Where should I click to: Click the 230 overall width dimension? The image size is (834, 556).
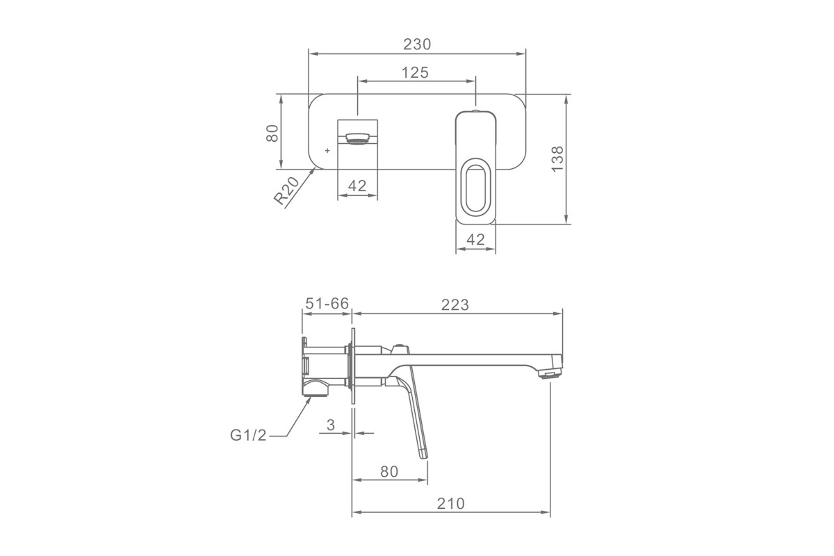(417, 44)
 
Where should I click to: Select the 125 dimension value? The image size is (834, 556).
(415, 72)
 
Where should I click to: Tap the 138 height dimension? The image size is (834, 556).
(557, 159)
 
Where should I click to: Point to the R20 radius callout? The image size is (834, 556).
(286, 190)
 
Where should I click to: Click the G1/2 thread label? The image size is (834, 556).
(248, 434)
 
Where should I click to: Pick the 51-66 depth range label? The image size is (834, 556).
(327, 304)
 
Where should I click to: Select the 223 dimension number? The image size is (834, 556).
(455, 305)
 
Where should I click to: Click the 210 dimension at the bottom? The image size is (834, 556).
(451, 503)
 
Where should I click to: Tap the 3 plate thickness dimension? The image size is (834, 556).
(331, 425)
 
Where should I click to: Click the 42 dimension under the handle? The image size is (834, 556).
(475, 240)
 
